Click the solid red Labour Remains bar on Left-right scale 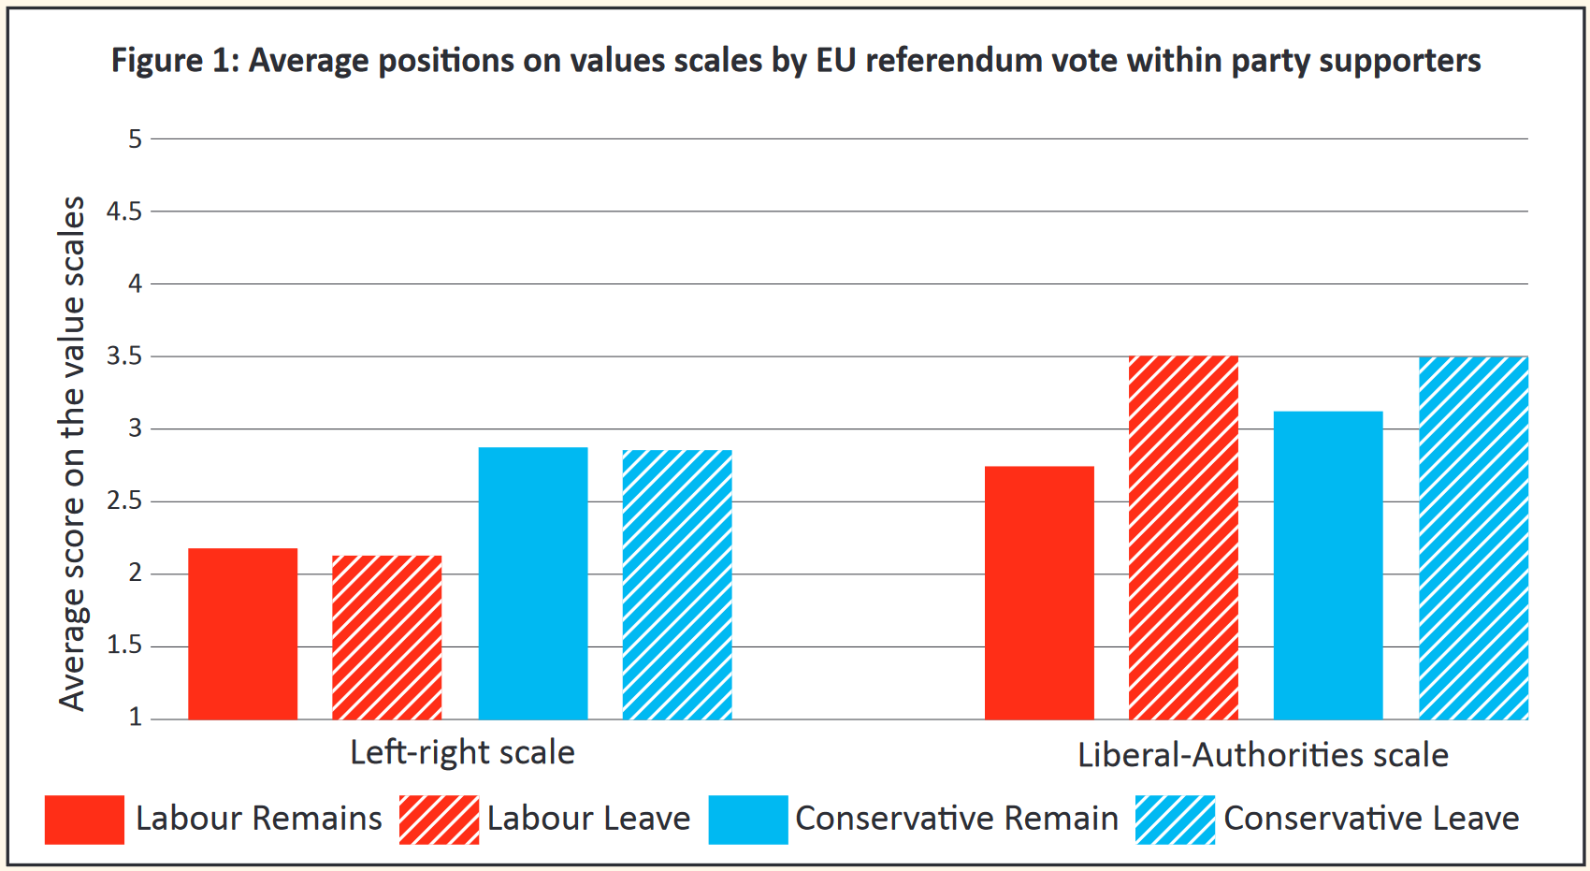(x=242, y=633)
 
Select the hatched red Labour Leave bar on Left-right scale (x=386, y=637)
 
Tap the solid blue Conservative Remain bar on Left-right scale (x=533, y=583)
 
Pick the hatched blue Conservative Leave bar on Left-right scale (x=677, y=585)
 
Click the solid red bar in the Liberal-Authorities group (x=1039, y=592)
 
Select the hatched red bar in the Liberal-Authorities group (x=1183, y=538)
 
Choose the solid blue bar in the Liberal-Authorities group (x=1328, y=565)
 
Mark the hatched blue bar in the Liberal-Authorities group (x=1473, y=538)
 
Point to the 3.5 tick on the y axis (x=124, y=356)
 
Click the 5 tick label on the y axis (x=136, y=139)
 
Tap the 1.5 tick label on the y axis (x=124, y=646)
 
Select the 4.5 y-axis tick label (x=124, y=211)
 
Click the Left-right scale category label (x=462, y=752)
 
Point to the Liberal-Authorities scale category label (x=1263, y=755)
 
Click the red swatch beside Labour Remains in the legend (x=84, y=820)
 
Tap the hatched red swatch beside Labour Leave (x=439, y=820)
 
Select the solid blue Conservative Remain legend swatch (x=748, y=820)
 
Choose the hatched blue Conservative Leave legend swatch (x=1176, y=820)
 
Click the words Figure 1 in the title (x=174, y=61)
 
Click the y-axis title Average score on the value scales (x=72, y=454)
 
